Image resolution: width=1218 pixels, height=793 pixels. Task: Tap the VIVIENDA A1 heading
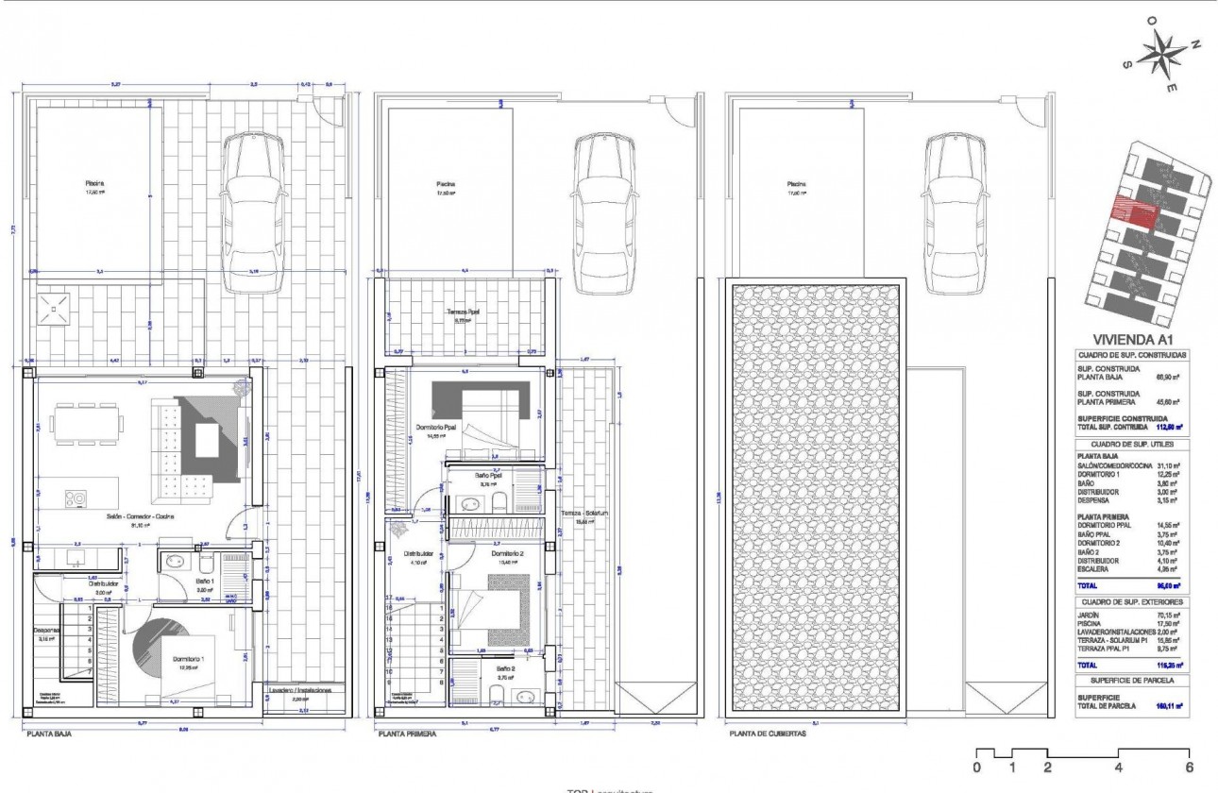tap(1133, 340)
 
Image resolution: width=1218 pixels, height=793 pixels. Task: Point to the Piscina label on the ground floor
tap(94, 184)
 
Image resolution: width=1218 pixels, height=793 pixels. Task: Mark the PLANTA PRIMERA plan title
tap(407, 732)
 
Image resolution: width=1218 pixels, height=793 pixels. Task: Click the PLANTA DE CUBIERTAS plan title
tap(767, 732)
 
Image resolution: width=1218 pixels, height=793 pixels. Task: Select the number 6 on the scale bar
tap(1190, 768)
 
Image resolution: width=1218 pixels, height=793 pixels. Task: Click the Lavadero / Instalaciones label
tap(298, 690)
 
